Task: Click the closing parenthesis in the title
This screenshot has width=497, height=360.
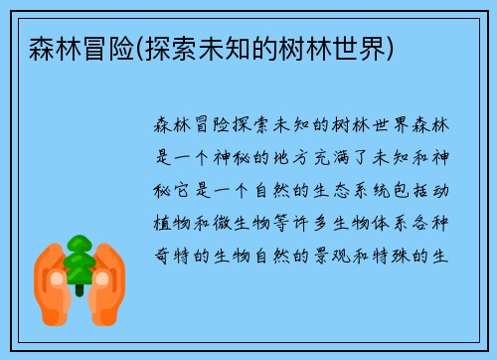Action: [x=391, y=47]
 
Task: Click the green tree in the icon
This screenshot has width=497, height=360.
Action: [x=79, y=260]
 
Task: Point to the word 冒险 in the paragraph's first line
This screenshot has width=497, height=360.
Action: [x=213, y=126]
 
